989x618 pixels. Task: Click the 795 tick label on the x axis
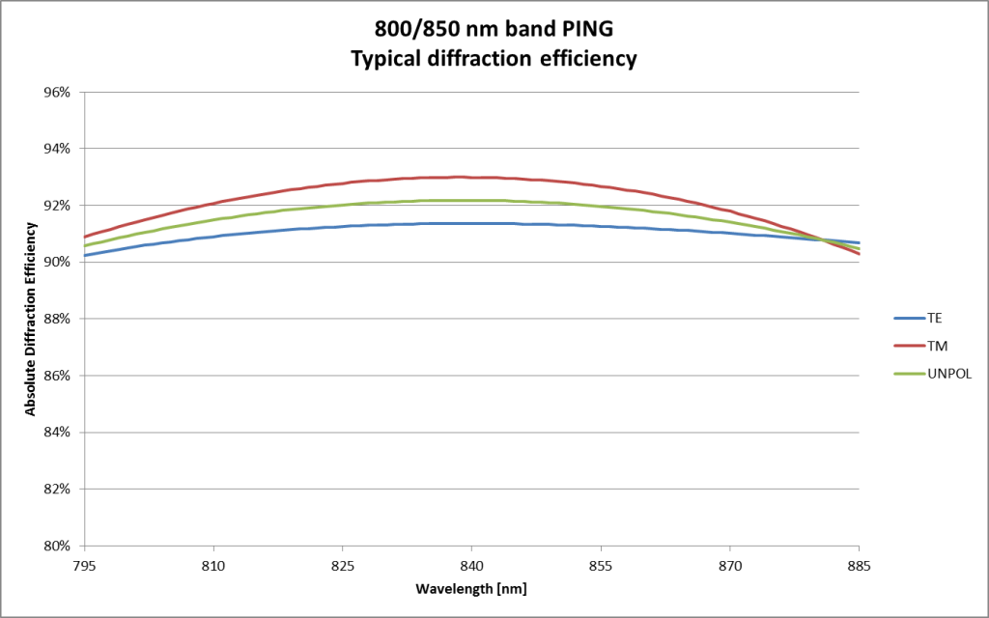[x=84, y=564]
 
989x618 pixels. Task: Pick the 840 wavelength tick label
[x=471, y=564]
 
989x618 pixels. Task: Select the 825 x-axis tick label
[x=342, y=564]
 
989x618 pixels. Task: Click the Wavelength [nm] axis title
[x=471, y=588]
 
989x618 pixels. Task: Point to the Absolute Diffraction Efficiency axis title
[x=31, y=319]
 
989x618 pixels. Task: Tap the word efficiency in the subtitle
[x=589, y=58]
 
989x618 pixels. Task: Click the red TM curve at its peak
[x=461, y=177]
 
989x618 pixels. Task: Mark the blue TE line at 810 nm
[x=213, y=237]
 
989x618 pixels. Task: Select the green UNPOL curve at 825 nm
[x=342, y=205]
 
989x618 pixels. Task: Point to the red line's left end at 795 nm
[x=85, y=237]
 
